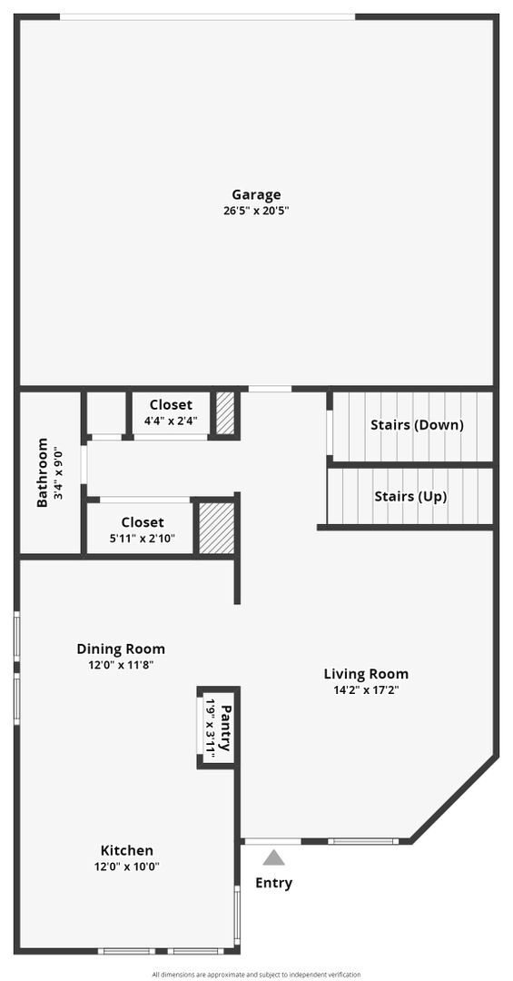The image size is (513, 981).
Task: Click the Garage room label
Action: pos(256,194)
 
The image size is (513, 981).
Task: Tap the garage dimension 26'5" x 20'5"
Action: pos(256,211)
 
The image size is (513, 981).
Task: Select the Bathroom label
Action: pos(42,472)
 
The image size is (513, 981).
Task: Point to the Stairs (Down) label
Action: pos(417,425)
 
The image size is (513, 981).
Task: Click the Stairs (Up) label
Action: pos(410,497)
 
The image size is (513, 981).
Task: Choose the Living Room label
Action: pos(366,674)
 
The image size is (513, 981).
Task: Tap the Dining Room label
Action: pos(121,649)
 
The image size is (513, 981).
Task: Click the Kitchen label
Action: pos(127,850)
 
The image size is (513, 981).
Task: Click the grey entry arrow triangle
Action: pos(274,857)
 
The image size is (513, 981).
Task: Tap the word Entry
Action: pos(274,883)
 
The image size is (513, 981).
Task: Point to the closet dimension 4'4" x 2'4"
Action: pos(171,421)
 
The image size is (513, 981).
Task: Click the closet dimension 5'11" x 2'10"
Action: pos(143,539)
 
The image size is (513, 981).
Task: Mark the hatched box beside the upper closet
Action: pos(224,413)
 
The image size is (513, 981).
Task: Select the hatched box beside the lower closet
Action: pos(216,528)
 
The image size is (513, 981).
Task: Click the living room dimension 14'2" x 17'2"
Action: pos(366,689)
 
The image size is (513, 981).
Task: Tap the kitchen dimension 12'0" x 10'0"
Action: pos(127,866)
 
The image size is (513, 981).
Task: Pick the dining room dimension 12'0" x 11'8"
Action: pos(121,665)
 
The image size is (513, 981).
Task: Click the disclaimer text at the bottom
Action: pos(256,975)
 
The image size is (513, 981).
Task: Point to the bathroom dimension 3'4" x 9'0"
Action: pos(57,472)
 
